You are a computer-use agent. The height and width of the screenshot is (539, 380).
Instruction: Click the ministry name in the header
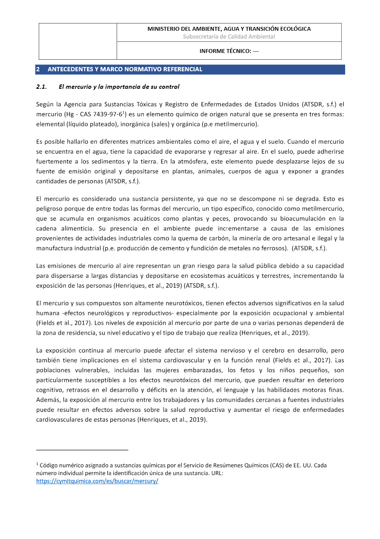click(x=229, y=29)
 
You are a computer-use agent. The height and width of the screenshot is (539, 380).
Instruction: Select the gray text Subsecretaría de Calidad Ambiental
click(x=229, y=37)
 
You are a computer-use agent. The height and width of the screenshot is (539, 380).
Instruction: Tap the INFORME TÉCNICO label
click(x=229, y=51)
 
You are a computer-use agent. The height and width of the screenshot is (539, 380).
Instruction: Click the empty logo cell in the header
click(x=78, y=41)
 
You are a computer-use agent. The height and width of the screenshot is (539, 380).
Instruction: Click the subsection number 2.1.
click(x=41, y=87)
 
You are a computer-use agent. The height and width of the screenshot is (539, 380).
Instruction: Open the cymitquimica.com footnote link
click(x=97, y=481)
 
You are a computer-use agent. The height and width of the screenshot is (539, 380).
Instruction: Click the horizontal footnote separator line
click(x=82, y=450)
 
